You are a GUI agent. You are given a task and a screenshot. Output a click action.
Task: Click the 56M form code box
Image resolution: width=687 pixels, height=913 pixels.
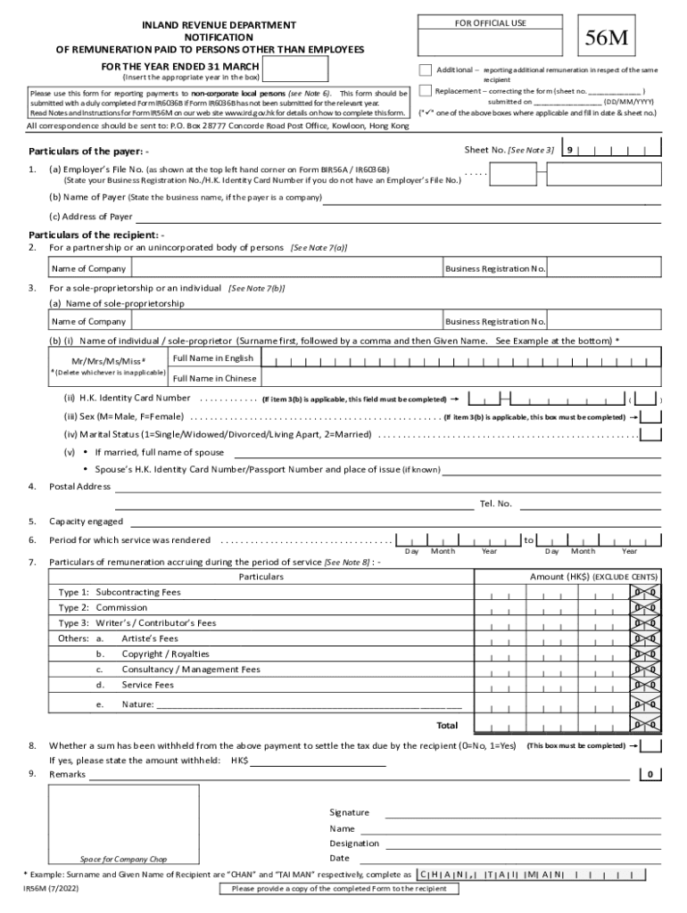(x=606, y=39)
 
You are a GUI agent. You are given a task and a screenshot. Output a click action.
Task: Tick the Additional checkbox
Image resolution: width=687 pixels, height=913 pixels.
(x=426, y=70)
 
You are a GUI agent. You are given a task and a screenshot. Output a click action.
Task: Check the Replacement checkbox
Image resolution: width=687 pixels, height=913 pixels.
(x=426, y=90)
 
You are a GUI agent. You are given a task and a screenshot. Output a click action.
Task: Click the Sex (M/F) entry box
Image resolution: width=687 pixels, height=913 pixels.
(x=651, y=416)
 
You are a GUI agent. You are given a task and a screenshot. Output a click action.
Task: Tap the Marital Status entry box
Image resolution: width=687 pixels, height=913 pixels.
(x=651, y=434)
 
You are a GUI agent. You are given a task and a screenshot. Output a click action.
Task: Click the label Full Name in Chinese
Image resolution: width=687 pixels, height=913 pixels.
(x=214, y=378)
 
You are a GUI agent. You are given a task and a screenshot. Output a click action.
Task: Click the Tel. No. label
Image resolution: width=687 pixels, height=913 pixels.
(x=496, y=504)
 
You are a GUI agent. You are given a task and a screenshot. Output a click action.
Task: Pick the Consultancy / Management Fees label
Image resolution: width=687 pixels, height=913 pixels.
(x=191, y=669)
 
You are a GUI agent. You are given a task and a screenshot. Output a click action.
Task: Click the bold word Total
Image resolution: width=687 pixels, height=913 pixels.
(x=446, y=725)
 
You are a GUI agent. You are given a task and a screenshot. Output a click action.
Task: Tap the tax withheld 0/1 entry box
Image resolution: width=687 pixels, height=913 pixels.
(x=651, y=745)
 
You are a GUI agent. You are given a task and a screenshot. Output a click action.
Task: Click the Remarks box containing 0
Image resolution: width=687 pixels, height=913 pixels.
(x=651, y=774)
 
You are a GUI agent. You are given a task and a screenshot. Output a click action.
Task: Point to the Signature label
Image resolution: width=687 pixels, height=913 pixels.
(x=349, y=812)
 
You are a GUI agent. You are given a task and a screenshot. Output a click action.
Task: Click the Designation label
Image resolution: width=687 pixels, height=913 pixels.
(x=354, y=843)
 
